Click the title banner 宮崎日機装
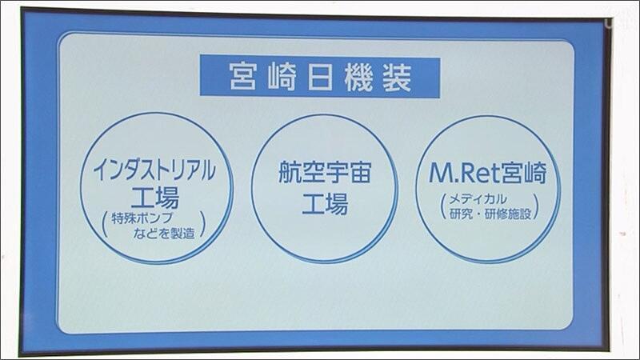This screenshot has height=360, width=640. tap(320, 77)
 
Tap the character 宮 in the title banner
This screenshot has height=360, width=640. tap(243, 77)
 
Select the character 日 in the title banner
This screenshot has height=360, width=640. tap(320, 77)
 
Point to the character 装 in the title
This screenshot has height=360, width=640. tap(397, 77)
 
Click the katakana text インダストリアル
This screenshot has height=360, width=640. tap(154, 170)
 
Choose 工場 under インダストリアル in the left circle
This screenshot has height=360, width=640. tap(155, 198)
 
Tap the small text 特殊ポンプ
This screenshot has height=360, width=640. tap(142, 218)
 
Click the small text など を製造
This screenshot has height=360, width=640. tap(164, 233)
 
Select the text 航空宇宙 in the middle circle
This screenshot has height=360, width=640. tap(325, 172)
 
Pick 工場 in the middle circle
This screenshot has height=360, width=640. tap(325, 203)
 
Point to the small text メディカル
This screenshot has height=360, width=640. tap(478, 199)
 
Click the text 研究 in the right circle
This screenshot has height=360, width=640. tap(461, 214)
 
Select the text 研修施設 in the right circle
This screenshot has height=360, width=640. tap(508, 214)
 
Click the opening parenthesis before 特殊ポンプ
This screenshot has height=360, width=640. tap(105, 225)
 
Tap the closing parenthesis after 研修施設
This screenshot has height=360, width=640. tap(536, 207)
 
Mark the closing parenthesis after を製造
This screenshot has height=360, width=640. tap(202, 225)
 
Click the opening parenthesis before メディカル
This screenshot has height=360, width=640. tap(443, 206)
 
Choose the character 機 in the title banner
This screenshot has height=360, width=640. tap(358, 77)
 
